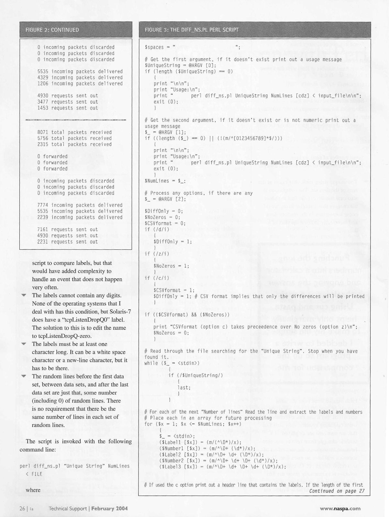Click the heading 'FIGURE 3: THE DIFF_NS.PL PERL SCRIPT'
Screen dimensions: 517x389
click(192, 30)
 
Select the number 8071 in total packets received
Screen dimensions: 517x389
click(43, 132)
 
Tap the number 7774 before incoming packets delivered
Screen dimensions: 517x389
click(43, 205)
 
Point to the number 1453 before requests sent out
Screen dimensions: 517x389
click(43, 108)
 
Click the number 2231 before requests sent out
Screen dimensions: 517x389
click(43, 242)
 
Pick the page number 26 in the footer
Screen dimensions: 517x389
click(22, 508)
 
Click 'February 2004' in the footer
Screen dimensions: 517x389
click(109, 508)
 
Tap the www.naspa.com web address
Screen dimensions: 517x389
click(340, 508)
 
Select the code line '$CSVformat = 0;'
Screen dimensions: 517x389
click(165, 224)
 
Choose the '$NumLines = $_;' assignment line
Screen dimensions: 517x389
click(165, 181)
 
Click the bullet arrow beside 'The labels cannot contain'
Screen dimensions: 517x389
click(24, 295)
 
